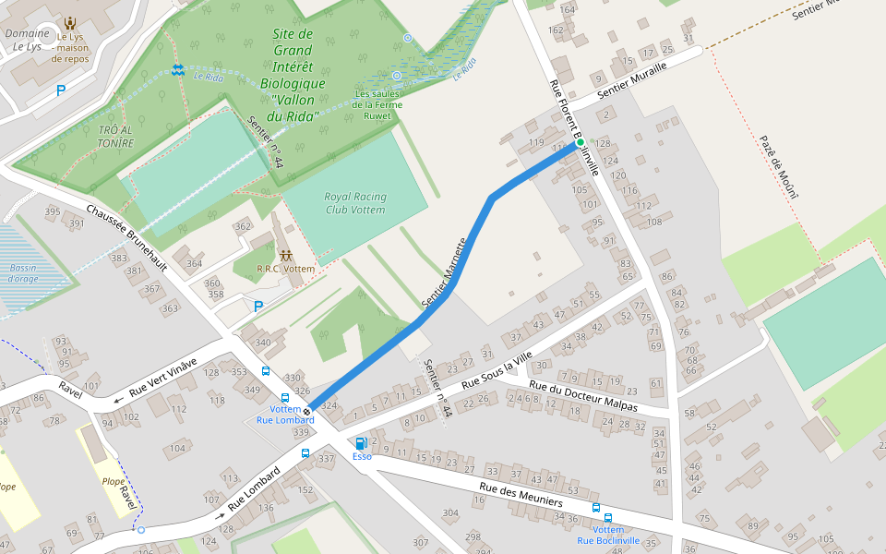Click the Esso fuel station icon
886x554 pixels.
pos(361,443)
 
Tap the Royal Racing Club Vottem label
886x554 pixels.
pos(355,203)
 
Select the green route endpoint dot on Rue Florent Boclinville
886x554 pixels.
pos(581,142)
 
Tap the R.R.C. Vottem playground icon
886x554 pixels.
pos(285,255)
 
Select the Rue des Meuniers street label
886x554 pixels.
pos(521,494)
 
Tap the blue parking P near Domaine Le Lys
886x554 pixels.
pos(61,90)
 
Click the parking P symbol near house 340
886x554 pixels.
pos(258,307)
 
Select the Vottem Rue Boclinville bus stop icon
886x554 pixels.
pos(596,508)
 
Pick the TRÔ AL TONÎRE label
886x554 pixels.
pos(115,137)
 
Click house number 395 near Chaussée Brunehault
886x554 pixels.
pos(53,212)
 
